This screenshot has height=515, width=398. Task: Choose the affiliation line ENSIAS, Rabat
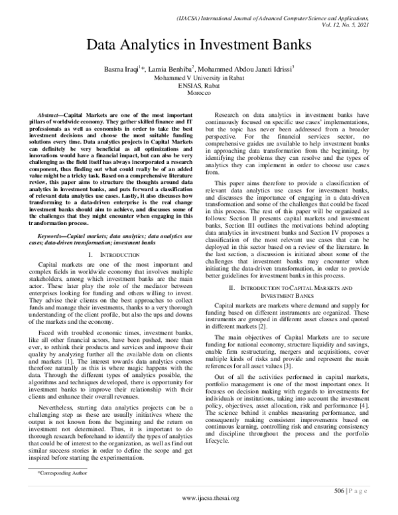point(200,86)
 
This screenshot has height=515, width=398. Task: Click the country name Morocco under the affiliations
point(200,94)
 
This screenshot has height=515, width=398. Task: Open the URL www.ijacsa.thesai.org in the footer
point(200,506)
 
